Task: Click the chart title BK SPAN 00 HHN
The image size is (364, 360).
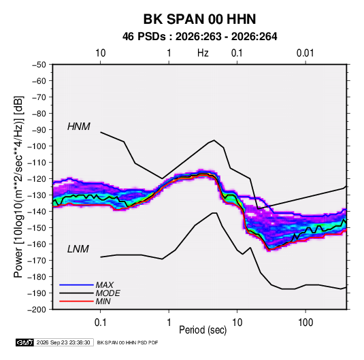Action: tap(199, 19)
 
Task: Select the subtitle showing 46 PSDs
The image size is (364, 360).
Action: tap(199, 37)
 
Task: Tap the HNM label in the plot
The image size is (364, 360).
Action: tap(79, 127)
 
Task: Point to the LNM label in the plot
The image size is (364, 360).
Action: tap(78, 249)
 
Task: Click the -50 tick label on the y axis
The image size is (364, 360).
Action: tap(39, 65)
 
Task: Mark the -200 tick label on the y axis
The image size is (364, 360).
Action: tap(37, 310)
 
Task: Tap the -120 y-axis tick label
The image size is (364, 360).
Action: tap(37, 179)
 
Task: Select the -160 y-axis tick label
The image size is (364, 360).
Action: tap(37, 244)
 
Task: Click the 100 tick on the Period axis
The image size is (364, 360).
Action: tap(305, 323)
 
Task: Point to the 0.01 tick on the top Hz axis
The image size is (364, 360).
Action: tap(305, 53)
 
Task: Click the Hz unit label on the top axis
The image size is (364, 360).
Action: tap(203, 53)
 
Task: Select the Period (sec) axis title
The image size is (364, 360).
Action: tap(203, 330)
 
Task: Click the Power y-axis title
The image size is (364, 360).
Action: tap(18, 186)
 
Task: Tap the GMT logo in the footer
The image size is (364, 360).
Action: tap(25, 342)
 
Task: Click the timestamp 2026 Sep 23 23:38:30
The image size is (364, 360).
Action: tap(63, 342)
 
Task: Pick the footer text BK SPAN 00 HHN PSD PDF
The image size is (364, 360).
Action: tap(127, 342)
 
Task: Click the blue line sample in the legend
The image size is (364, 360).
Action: tap(76, 285)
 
